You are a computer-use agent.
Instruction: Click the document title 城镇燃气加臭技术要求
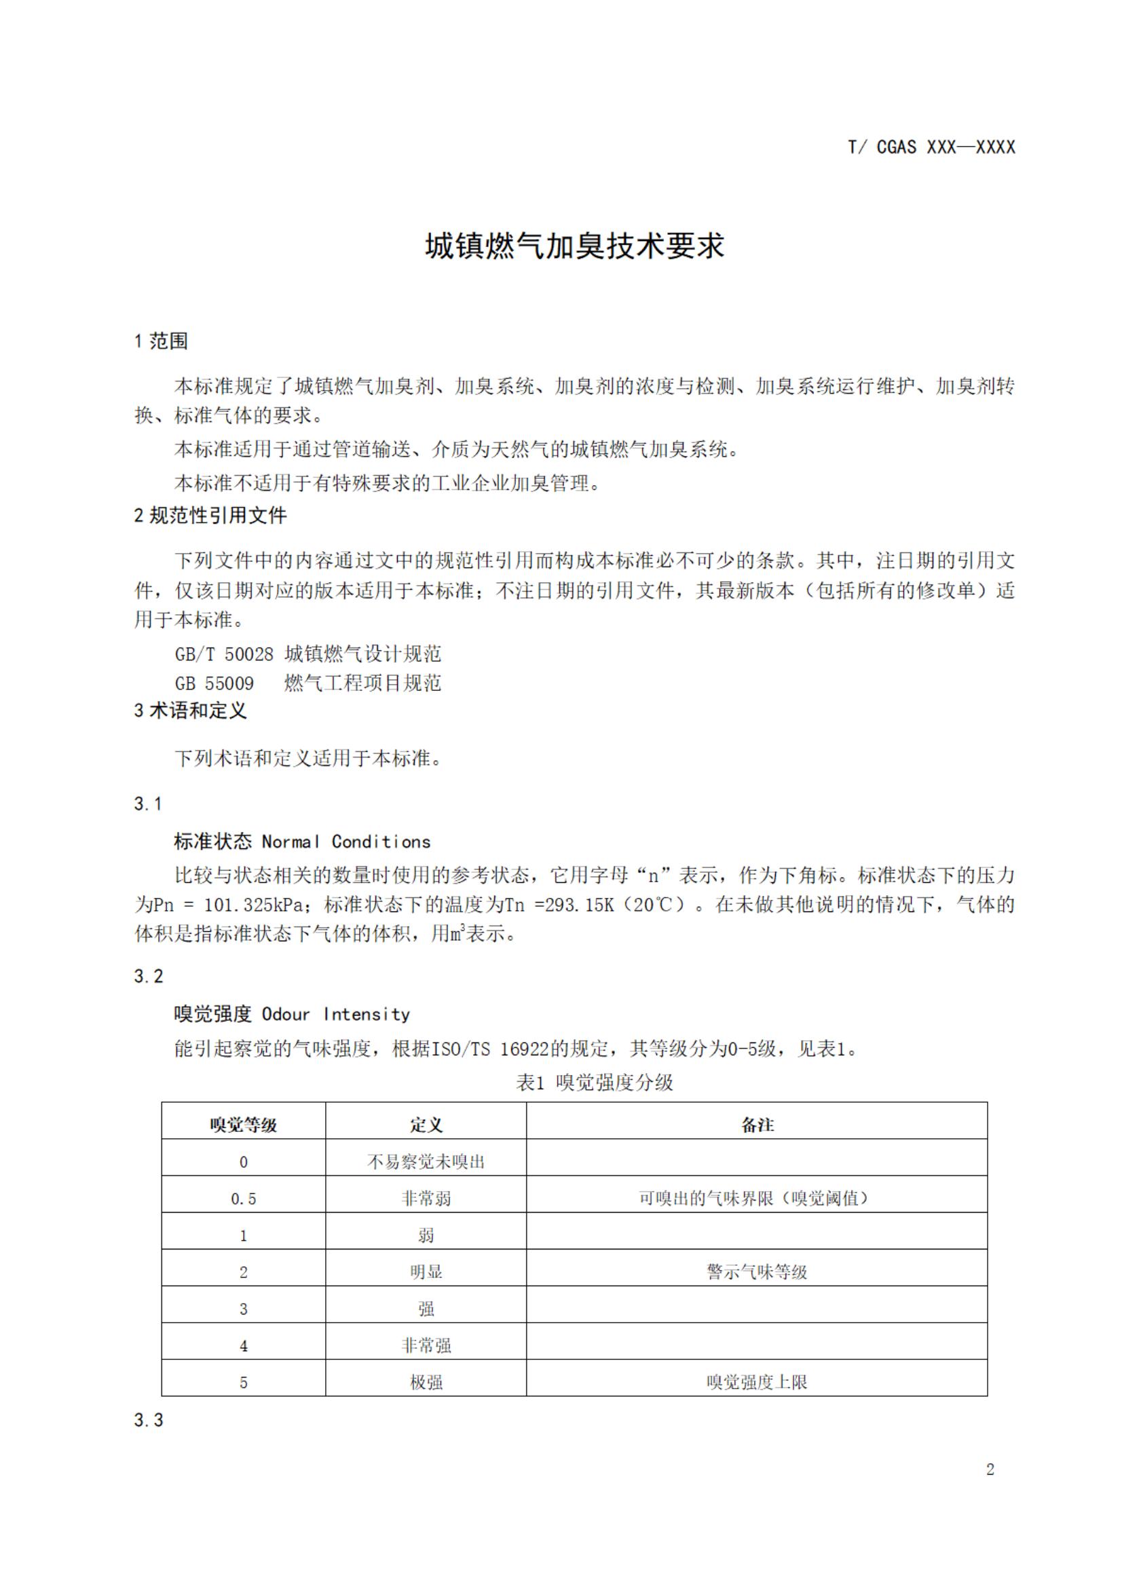574,246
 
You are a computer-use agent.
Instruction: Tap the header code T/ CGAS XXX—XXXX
931,147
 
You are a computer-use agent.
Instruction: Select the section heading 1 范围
161,341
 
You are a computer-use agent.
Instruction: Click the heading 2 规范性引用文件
210,515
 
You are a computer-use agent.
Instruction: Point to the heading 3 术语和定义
190,711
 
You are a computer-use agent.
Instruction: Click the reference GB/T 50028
224,654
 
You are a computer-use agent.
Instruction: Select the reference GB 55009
214,684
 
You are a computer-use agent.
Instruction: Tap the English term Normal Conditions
346,842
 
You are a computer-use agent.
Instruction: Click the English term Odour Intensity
336,1015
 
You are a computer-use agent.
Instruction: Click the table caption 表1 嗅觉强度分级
594,1082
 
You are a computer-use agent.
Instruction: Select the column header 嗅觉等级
243,1125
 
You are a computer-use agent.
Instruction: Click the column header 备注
758,1125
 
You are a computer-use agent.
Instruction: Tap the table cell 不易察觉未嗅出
426,1162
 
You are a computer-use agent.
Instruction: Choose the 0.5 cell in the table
243,1198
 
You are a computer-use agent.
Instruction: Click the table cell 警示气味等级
758,1272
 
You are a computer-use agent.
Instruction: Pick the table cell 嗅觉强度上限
758,1382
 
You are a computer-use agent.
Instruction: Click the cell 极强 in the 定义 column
426,1382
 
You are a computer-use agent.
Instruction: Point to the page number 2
990,1469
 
